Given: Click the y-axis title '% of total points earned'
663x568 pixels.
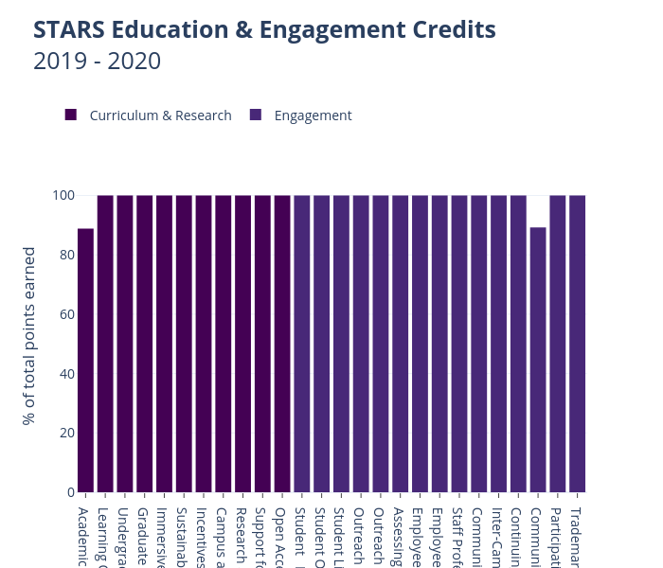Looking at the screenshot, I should pyautogui.click(x=29, y=336).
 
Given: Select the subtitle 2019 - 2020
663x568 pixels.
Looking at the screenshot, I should pyautogui.click(x=97, y=62).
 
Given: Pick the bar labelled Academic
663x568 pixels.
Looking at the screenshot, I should pyautogui.click(x=85, y=360).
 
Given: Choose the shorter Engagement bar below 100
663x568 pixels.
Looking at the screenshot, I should pyautogui.click(x=538, y=360).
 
